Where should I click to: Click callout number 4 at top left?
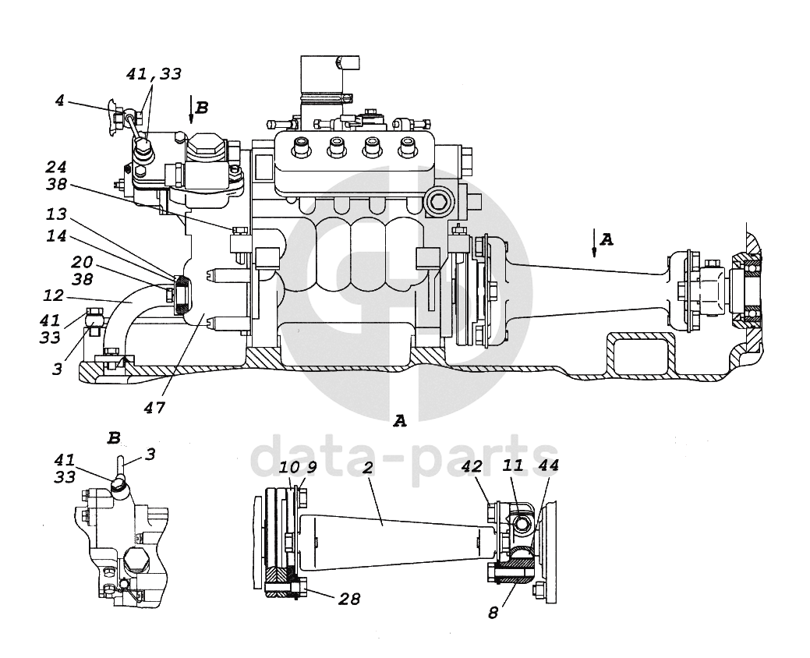tap(60, 101)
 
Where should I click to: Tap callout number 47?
tap(154, 408)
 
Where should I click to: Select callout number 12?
tap(54, 296)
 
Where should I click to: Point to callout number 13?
tap(56, 214)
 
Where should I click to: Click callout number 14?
tap(56, 236)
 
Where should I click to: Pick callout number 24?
tap(56, 167)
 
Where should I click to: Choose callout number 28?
tap(349, 599)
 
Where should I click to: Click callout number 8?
tap(493, 613)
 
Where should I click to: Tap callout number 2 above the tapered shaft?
tap(368, 468)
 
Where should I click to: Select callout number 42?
tap(471, 466)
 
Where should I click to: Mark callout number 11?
tap(513, 465)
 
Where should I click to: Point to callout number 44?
tap(548, 465)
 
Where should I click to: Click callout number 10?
tap(289, 468)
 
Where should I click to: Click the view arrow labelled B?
tap(191, 109)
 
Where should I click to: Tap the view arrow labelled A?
tap(594, 242)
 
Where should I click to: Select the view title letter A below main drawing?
tap(400, 422)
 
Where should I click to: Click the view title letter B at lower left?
tap(114, 438)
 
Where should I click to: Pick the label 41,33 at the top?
tap(154, 74)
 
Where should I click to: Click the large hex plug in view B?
tap(136, 559)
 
